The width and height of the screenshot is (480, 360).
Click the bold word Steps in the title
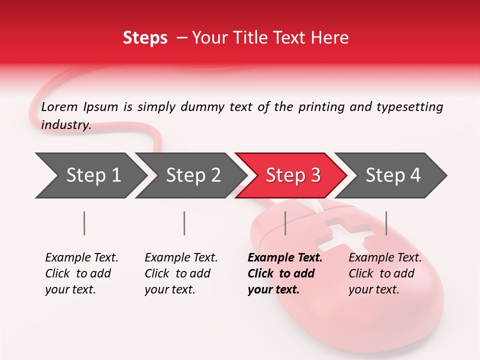point(145,38)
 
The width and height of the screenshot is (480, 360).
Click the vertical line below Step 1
point(84,223)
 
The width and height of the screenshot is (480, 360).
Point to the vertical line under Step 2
point(184,223)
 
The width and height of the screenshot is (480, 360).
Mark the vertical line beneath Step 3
point(285,223)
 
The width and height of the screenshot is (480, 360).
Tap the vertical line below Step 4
point(386,223)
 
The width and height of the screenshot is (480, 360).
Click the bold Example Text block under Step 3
point(285,273)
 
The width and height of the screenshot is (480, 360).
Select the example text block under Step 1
point(81,273)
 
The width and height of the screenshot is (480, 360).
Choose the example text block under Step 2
point(181,273)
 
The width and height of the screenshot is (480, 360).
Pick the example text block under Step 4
point(385,273)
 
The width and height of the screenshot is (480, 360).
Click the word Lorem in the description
point(59,106)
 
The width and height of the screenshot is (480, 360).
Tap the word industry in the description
point(66,124)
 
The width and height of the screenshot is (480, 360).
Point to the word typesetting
point(409,107)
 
